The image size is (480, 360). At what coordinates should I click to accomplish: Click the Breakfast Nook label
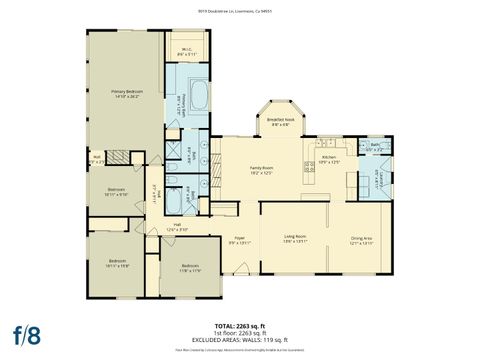279,123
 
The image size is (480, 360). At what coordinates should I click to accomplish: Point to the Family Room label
261,170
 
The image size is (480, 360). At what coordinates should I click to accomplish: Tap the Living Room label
293,239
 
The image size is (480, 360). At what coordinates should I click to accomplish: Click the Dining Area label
360,239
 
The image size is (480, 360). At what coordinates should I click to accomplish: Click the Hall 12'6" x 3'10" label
176,227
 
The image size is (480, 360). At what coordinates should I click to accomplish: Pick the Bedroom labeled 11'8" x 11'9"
190,268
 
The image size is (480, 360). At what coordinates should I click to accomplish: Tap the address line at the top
239,12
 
